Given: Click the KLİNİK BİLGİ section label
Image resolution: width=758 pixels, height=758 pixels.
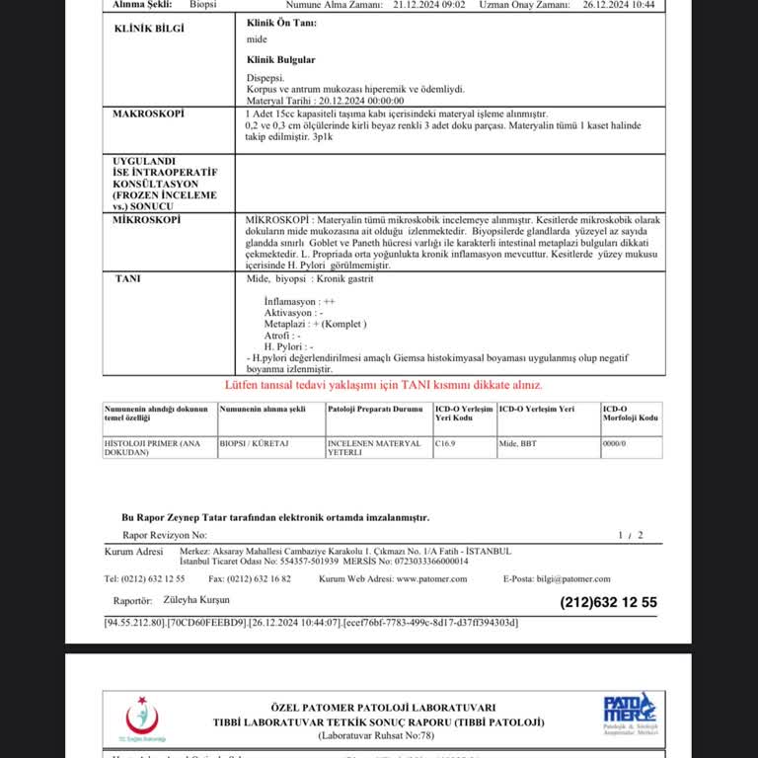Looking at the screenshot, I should (149, 29).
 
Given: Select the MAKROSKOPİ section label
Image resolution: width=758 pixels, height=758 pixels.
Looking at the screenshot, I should (149, 114).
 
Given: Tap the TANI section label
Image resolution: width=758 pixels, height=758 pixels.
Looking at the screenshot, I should (128, 279).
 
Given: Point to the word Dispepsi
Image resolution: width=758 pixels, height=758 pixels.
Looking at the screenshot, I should (265, 77).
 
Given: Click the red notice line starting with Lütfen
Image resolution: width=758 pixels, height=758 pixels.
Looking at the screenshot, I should (383, 385).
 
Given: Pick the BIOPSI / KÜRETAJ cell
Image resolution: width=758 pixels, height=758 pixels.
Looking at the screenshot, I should (249, 444).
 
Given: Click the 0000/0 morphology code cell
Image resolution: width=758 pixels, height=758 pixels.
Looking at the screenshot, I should (614, 444).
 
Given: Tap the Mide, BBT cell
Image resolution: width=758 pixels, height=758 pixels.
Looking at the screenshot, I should (517, 444).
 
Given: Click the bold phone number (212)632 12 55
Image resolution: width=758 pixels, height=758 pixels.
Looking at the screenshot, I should (608, 602).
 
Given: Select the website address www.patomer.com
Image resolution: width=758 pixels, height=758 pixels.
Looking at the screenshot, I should (431, 579).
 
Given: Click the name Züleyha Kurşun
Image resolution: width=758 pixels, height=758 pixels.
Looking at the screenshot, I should (196, 600).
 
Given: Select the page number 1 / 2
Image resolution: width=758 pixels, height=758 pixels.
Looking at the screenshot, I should (630, 535).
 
